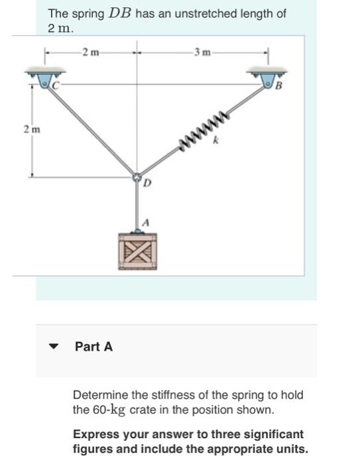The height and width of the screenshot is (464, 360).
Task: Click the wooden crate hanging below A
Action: [x=138, y=251]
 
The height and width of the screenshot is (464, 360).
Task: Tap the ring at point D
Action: [x=137, y=178]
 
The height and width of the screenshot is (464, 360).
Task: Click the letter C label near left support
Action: [x=58, y=86]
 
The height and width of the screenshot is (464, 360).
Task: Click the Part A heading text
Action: [x=94, y=346]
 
